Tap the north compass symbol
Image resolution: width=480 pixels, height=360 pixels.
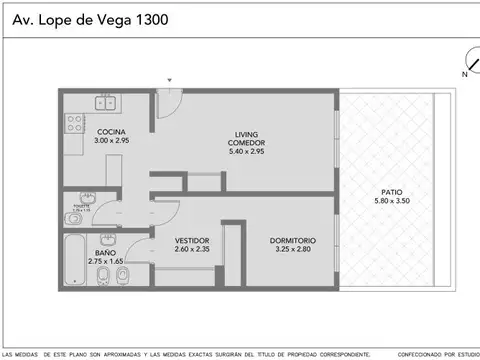[x=466, y=62]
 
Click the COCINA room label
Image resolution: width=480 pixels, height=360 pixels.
[x=111, y=132]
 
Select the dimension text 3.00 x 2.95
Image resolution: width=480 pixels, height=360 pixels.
[x=111, y=141]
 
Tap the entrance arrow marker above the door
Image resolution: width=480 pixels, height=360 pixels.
[x=170, y=80]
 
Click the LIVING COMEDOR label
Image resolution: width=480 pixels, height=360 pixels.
[x=245, y=139]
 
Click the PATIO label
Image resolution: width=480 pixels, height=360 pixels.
[x=391, y=190]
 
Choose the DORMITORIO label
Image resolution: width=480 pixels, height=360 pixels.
[x=292, y=240]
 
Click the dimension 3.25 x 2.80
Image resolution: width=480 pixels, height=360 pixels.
[x=292, y=249]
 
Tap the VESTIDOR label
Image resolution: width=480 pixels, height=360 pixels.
[x=191, y=240]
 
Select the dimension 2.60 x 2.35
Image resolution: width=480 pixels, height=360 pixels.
[x=191, y=249]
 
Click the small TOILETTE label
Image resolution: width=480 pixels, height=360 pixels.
[x=79, y=206]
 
